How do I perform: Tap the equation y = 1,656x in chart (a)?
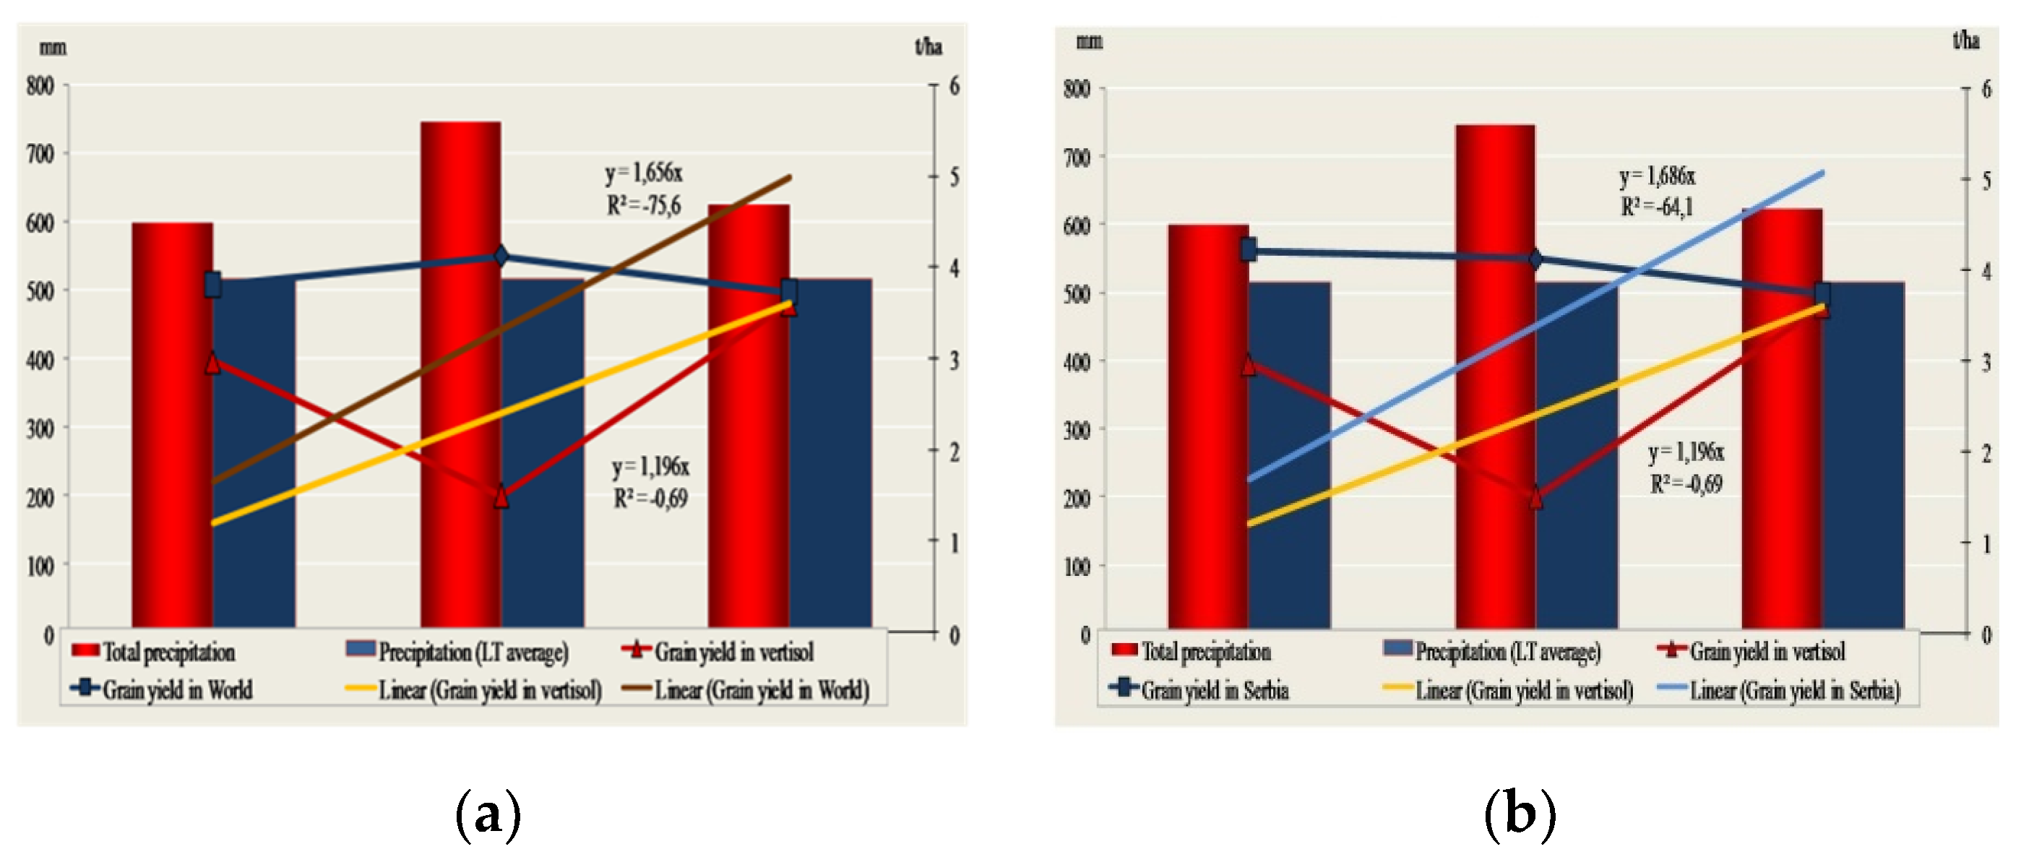click(x=644, y=173)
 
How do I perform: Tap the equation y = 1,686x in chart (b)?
click(x=1657, y=176)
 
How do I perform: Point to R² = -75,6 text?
click(x=644, y=206)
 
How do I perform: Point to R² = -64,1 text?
click(x=1657, y=207)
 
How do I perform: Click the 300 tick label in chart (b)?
click(x=1077, y=430)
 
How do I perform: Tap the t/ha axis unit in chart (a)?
click(x=928, y=47)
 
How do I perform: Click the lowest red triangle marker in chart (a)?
click(x=501, y=496)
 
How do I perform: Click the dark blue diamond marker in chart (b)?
click(x=1536, y=259)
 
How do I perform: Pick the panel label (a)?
click(x=488, y=814)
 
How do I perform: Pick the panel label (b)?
click(x=1520, y=814)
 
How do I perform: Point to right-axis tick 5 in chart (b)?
click(x=1986, y=181)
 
